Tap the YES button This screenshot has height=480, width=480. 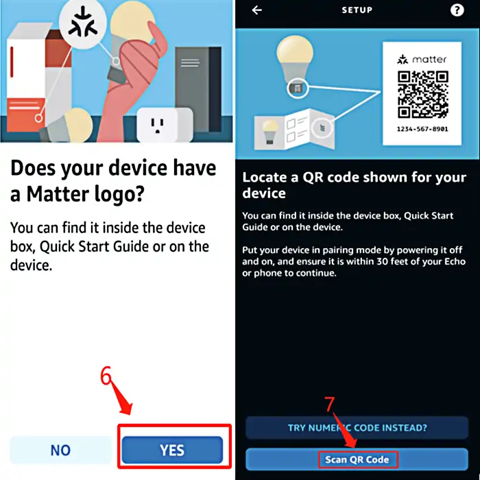172,450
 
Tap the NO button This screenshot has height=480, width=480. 60,450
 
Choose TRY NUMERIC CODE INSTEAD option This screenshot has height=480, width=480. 357,428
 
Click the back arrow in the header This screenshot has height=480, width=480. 257,10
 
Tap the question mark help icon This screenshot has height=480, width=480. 457,10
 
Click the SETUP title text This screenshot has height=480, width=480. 357,10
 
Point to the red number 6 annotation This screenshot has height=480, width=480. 106,375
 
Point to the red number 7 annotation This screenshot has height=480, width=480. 329,404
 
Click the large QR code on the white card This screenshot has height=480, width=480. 423,95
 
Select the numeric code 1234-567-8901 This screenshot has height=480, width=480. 422,129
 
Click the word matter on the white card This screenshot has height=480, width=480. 429,59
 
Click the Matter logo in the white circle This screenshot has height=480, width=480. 83,23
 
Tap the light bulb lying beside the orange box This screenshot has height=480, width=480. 67,125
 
